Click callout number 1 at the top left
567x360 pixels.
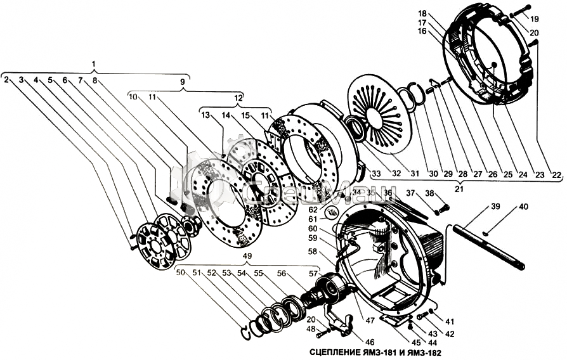tap(94, 64)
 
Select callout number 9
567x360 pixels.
tap(183, 82)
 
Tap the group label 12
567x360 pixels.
tap(238, 98)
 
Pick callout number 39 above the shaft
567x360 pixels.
tap(496, 207)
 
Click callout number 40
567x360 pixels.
tap(523, 207)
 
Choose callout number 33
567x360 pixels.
tap(375, 174)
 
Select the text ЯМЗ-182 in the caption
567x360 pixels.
tap(422, 352)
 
